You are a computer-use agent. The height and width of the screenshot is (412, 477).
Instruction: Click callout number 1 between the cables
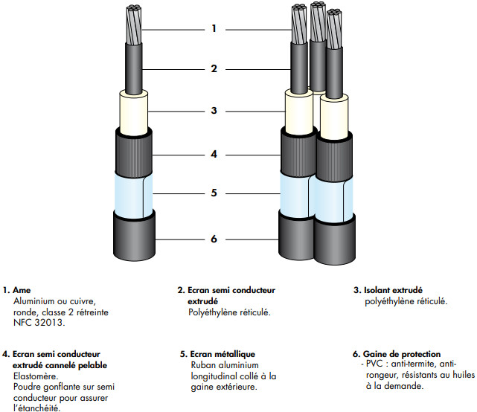214,29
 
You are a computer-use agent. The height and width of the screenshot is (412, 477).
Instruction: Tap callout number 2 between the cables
214,68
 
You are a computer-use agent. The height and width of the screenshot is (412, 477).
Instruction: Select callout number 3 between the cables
214,110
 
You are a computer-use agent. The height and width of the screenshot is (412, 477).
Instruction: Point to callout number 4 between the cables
214,154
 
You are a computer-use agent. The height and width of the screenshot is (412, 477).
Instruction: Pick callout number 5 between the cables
214,193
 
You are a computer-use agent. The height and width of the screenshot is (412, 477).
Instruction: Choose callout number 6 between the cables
214,239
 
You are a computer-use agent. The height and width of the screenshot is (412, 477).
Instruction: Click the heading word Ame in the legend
22,290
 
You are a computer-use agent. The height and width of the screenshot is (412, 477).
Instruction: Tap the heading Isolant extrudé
393,290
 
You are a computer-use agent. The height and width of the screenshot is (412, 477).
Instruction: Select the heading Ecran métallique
223,354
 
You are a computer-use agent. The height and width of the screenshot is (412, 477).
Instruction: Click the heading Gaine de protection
402,354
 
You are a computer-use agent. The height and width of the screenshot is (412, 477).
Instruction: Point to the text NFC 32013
39,322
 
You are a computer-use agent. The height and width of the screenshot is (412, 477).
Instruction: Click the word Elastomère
36,376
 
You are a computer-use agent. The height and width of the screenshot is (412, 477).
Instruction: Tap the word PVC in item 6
374,364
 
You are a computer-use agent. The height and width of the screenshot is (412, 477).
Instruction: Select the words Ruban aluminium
225,365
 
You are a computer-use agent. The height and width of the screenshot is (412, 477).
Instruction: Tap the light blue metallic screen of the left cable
133,195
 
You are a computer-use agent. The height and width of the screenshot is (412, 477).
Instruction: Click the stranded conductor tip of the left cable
133,25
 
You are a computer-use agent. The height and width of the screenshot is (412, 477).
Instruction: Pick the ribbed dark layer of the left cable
133,153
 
